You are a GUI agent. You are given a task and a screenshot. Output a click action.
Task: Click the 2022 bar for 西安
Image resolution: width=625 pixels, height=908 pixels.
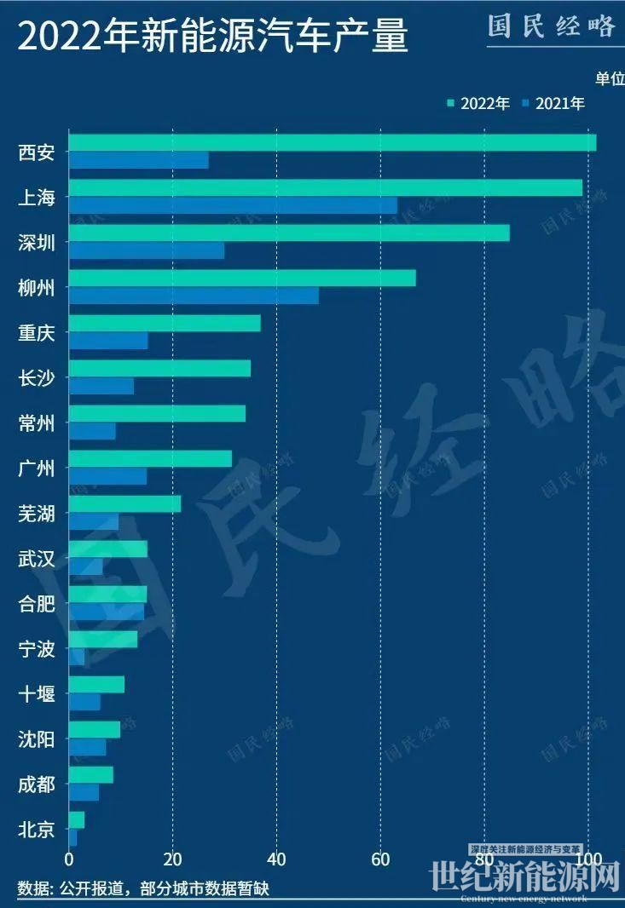(333, 142)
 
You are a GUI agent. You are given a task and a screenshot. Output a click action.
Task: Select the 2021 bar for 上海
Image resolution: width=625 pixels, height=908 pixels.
(233, 205)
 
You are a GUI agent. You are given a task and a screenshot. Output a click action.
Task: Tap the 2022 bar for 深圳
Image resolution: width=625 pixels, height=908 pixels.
(289, 233)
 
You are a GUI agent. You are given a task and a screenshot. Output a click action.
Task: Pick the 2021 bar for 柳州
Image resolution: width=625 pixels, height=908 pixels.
(194, 296)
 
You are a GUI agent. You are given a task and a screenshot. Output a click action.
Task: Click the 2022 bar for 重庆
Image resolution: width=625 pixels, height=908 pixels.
(165, 324)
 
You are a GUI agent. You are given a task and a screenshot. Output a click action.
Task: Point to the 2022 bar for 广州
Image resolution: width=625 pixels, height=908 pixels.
(150, 459)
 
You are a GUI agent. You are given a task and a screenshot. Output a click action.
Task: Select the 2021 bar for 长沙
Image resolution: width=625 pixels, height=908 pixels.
(101, 386)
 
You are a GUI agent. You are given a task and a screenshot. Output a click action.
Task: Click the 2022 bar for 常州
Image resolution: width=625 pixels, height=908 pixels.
(157, 414)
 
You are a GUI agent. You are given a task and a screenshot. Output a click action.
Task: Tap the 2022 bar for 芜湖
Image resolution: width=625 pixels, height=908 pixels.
(124, 503)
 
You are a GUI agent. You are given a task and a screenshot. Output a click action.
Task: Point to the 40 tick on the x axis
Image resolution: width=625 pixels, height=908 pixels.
(276, 858)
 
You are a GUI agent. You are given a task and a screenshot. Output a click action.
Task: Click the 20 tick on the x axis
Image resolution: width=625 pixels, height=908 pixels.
(173, 858)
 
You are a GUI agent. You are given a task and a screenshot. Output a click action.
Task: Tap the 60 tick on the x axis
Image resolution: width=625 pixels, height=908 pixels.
(380, 858)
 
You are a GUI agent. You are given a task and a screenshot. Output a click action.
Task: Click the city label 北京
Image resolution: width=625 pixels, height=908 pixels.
(36, 829)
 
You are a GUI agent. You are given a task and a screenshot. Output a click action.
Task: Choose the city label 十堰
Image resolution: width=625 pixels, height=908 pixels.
(36, 694)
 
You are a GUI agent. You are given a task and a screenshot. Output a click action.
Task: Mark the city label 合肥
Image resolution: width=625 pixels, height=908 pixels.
(36, 605)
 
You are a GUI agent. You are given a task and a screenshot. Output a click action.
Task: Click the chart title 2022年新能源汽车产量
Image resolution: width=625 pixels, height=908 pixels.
(213, 38)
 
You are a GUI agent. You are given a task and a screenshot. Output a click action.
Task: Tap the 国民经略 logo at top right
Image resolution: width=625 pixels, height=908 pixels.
(552, 26)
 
